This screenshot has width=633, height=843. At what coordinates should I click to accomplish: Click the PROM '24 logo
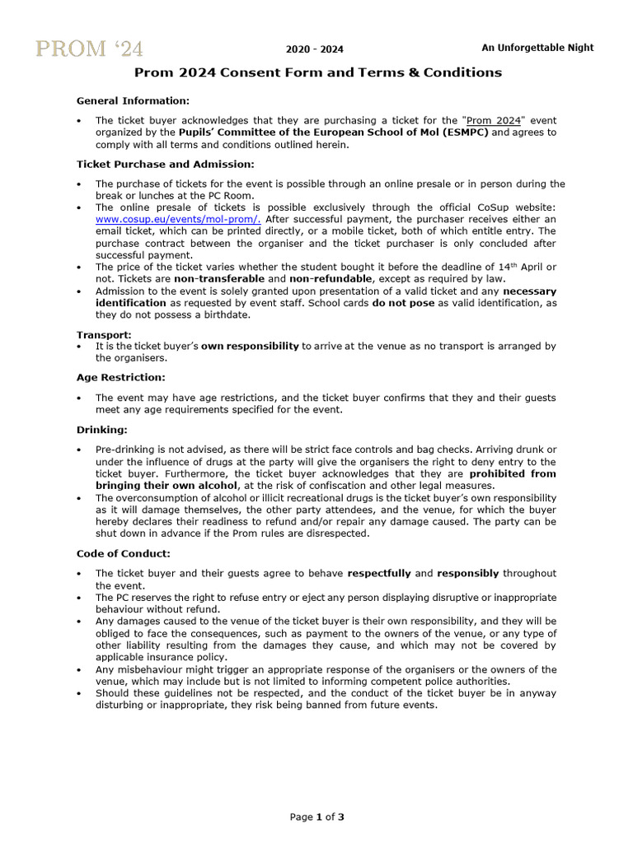tap(89, 49)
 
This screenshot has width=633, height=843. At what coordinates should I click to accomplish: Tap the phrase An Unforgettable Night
tap(537, 48)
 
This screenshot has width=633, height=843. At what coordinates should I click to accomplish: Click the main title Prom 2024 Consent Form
tap(317, 72)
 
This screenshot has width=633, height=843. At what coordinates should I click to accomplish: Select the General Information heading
tap(133, 100)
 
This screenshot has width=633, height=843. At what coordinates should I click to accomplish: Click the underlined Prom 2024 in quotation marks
tap(493, 119)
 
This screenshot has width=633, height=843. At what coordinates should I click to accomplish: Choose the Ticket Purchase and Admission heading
tap(166, 165)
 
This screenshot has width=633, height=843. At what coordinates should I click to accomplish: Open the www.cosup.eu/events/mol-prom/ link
tap(179, 220)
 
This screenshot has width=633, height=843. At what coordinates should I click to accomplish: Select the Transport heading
tap(104, 335)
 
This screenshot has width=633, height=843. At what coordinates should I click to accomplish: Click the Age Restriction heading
tap(121, 377)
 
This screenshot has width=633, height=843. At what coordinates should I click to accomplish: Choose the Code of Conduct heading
tap(124, 553)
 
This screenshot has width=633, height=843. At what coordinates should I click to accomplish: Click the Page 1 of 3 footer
tap(316, 817)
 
